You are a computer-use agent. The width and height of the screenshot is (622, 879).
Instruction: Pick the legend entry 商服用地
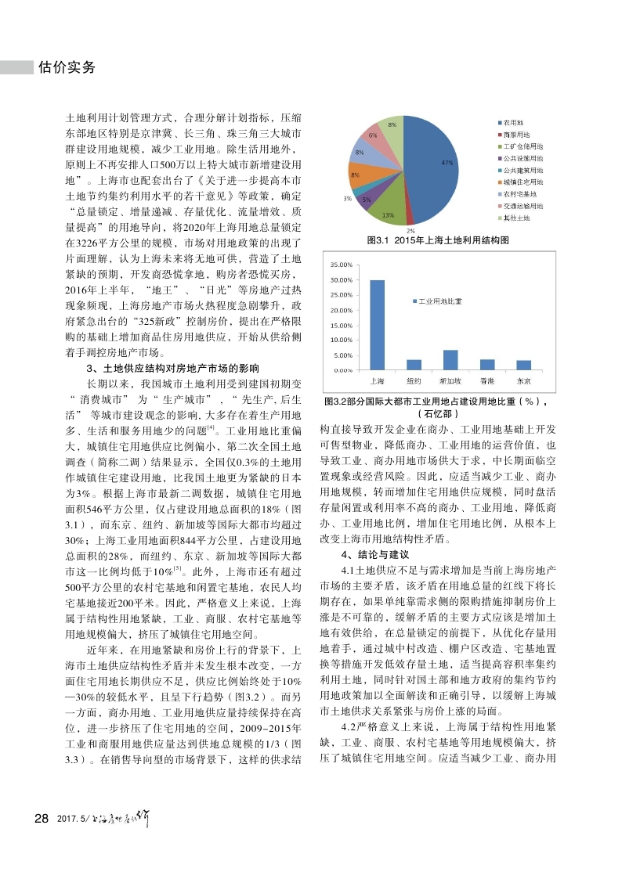(x=516, y=135)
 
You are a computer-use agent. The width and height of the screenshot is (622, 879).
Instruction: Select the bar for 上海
(x=377, y=325)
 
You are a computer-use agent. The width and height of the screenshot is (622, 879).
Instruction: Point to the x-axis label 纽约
(x=414, y=380)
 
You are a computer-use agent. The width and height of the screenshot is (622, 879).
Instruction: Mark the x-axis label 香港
(x=487, y=380)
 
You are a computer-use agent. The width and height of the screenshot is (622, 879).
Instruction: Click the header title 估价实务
(x=67, y=67)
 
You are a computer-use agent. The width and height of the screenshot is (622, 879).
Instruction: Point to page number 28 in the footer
(x=42, y=818)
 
